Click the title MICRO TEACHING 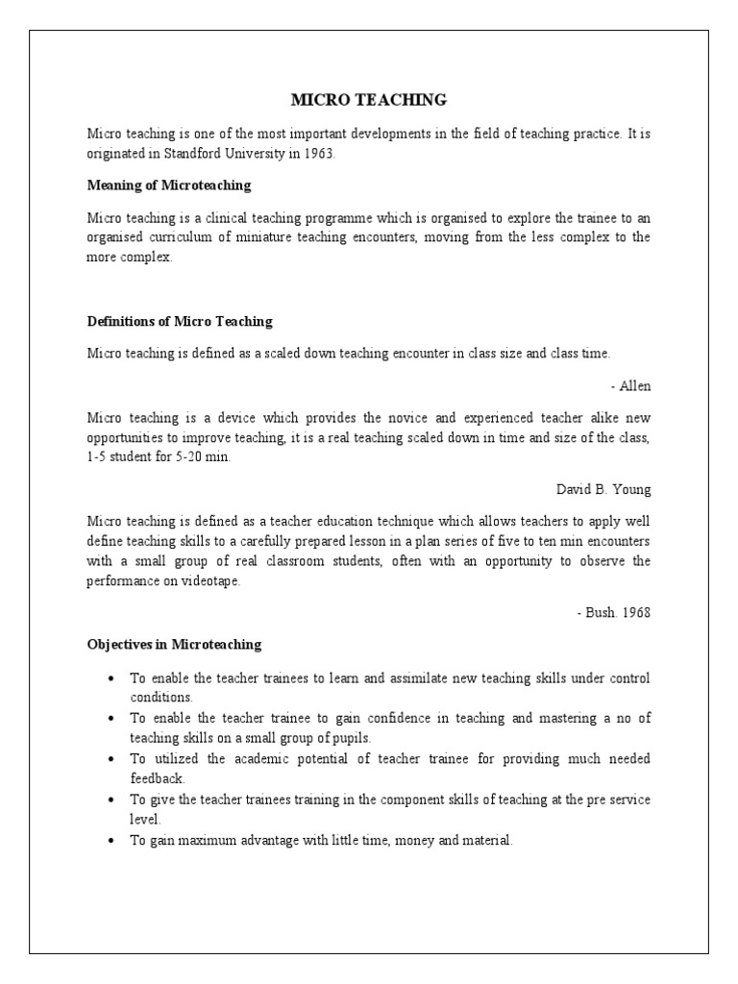[368, 99]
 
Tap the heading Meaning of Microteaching [168, 184]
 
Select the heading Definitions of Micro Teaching [180, 321]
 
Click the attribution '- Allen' [630, 385]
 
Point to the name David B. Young [603, 489]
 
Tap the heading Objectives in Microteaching [174, 644]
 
